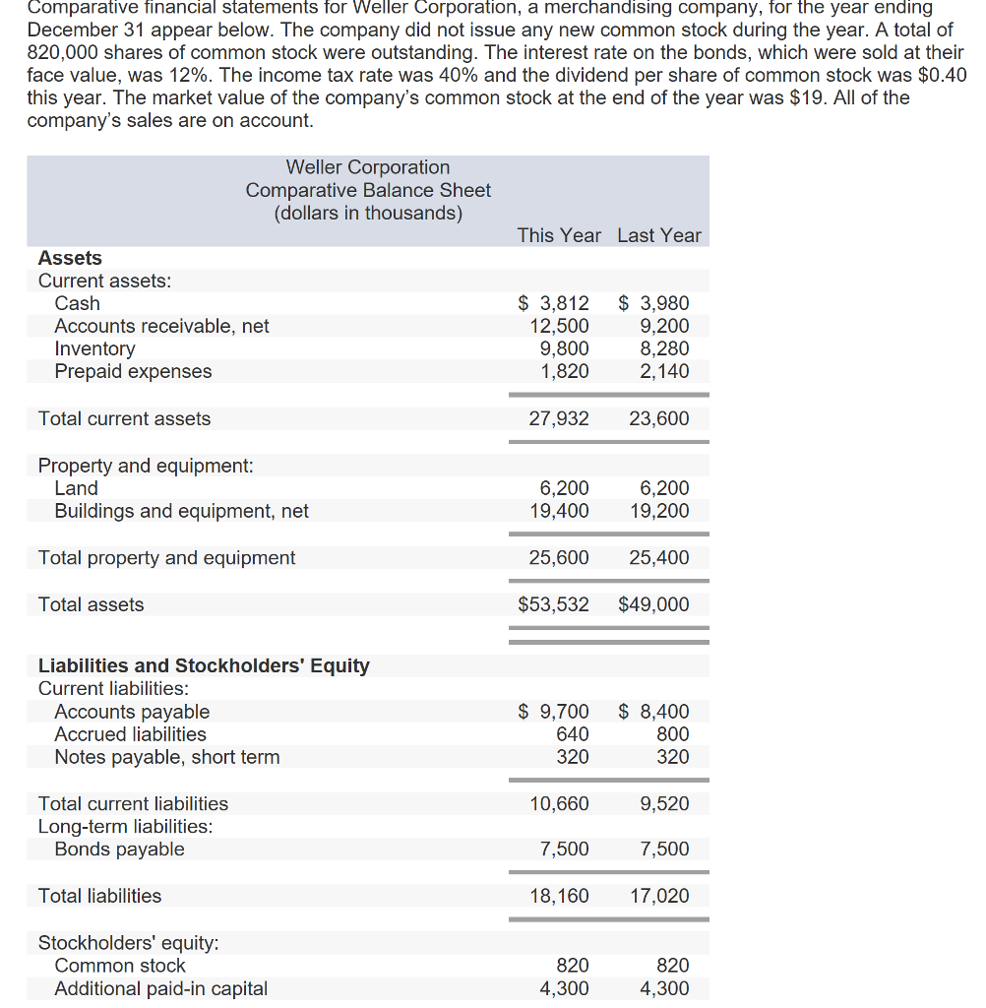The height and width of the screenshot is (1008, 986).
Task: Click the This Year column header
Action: [x=558, y=235]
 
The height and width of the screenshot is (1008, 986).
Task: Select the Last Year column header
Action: [x=659, y=235]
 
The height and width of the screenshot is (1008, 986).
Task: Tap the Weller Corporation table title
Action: [x=368, y=167]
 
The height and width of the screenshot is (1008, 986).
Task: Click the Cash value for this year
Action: [x=554, y=303]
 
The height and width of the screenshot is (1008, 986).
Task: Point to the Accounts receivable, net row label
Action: [x=161, y=326]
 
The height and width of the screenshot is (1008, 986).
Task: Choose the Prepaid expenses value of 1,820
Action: [x=565, y=371]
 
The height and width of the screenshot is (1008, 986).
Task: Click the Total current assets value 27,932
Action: [x=559, y=418]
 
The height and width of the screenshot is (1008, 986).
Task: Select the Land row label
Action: [x=76, y=488]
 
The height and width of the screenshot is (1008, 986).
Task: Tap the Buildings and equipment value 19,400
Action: [x=559, y=511]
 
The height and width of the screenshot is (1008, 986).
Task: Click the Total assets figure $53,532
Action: [x=553, y=604]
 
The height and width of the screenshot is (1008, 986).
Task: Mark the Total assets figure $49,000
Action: [x=653, y=604]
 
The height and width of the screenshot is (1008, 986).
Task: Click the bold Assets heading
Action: [x=70, y=258]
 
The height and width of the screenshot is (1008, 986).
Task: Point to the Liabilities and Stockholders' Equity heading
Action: [x=204, y=665]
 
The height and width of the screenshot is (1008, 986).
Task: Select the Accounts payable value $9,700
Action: [x=554, y=712]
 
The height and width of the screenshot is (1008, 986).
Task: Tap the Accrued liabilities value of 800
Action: [x=673, y=734]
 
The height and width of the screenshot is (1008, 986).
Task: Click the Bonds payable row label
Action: [x=119, y=850]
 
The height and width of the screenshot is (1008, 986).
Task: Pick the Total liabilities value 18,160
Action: [x=559, y=896]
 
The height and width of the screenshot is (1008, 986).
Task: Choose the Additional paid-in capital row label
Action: [x=160, y=988]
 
